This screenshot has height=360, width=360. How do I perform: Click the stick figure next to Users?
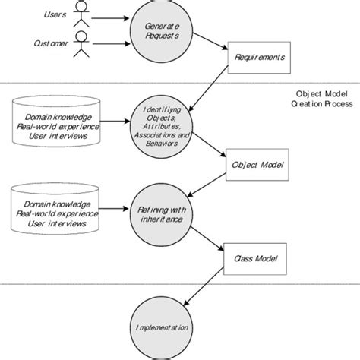[x=81, y=16]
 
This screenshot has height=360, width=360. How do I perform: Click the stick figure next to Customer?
[x=81, y=47]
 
